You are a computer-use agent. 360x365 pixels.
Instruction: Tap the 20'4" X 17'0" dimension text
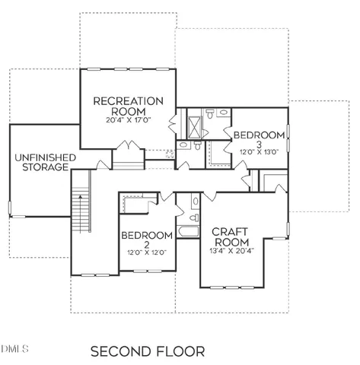[129, 120]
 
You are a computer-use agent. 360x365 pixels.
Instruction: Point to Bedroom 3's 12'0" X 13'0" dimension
[259, 151]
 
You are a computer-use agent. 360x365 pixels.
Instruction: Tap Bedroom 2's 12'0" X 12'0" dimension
[148, 252]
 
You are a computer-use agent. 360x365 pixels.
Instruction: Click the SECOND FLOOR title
[148, 351]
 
